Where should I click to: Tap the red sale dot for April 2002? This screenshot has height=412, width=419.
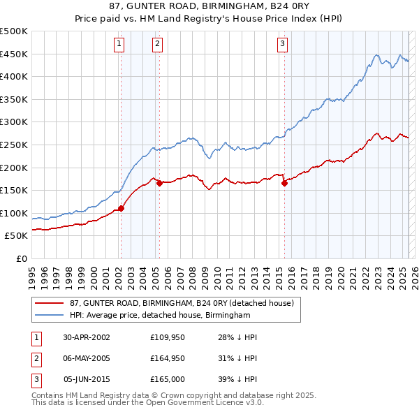point(121,207)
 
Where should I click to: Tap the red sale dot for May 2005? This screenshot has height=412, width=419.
point(159,183)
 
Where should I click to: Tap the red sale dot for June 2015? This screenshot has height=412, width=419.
point(284,183)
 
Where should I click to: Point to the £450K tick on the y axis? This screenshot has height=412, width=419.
point(15,54)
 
